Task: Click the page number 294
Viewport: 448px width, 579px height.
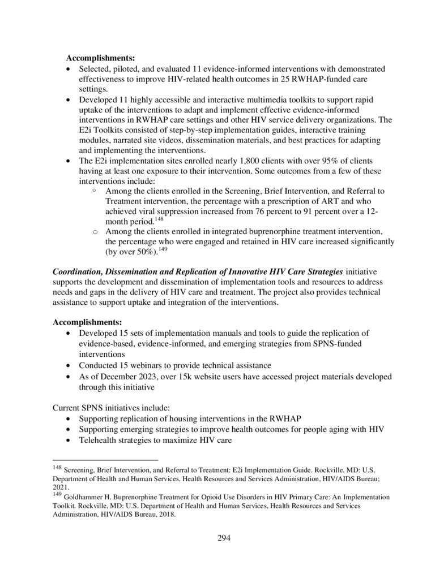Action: point(224,538)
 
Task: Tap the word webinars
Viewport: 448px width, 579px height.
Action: point(152,365)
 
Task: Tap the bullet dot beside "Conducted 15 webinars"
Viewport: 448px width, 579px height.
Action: point(69,366)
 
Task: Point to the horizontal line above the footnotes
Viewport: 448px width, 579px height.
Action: point(105,460)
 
